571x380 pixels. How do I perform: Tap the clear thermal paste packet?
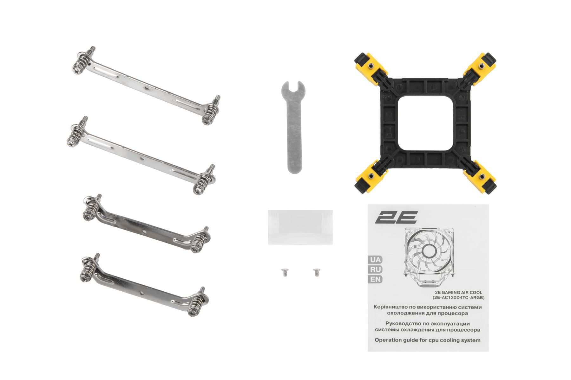[x=300, y=227]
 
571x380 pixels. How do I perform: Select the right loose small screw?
[x=316, y=272]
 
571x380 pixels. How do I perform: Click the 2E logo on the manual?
[x=396, y=217]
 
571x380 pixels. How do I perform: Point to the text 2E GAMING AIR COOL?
[x=458, y=292]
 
